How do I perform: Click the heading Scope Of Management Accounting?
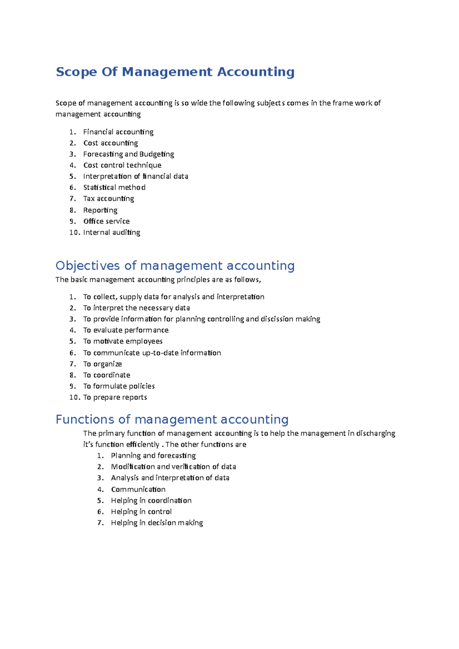pos(175,72)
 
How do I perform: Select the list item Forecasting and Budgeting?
pos(129,154)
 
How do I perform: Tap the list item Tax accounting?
pos(109,199)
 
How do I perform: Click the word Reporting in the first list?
pos(100,210)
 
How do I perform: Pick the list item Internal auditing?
pos(112,232)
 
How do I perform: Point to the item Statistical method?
pos(114,188)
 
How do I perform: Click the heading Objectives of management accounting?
pos(175,266)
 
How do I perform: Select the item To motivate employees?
pos(123,341)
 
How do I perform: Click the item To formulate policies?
pos(119,386)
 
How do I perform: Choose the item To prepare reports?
pos(115,398)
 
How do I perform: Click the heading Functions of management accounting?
pos(172,419)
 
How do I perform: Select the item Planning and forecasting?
pos(153,456)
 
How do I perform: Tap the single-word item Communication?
pos(138,490)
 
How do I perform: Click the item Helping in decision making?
pos(157,523)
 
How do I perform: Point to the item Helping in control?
pos(141,512)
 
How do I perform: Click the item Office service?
pos(106,221)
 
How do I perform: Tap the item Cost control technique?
pos(122,165)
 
